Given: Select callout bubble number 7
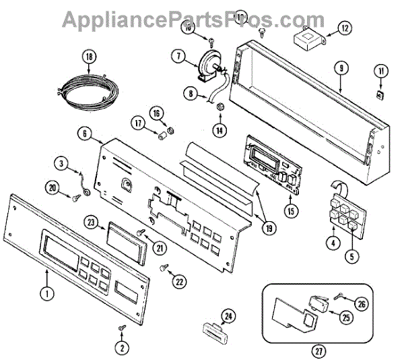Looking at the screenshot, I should pos(180,57).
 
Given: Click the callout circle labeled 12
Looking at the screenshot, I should pos(344,28).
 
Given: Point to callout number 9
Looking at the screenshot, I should pos(341,67).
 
